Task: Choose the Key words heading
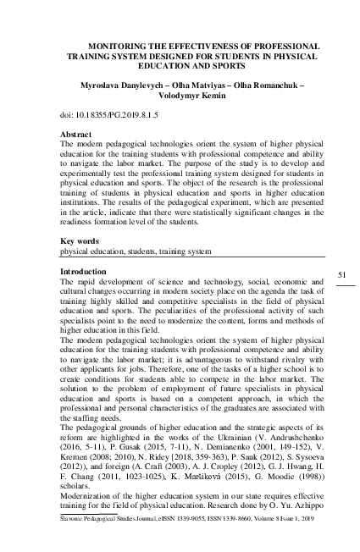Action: pyautogui.click(x=83, y=242)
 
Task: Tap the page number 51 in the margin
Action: pyautogui.click(x=343, y=275)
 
